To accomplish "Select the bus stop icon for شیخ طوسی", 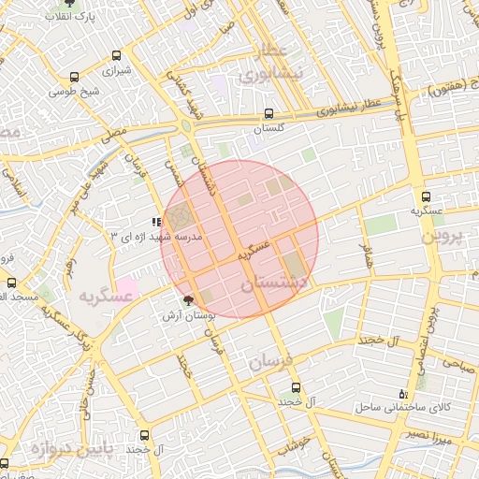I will (75, 78).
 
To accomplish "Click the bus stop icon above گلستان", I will (269, 114).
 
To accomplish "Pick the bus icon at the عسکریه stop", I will (427, 197).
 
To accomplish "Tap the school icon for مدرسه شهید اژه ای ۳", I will (155, 223).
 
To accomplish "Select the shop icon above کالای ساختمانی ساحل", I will (403, 393).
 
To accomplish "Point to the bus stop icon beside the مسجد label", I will (11, 283).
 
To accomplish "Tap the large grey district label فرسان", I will (272, 360).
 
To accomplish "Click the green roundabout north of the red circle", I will (187, 125).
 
